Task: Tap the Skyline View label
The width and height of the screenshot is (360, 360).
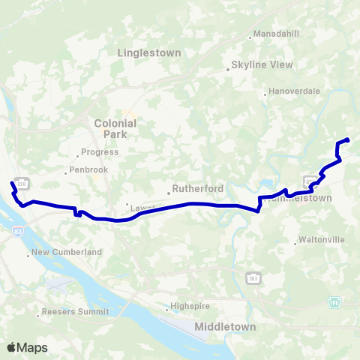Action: point(262,64)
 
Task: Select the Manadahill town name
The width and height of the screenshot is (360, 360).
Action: point(276,34)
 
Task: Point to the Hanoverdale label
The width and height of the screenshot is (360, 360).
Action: point(295,91)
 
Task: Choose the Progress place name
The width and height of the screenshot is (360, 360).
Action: point(100,152)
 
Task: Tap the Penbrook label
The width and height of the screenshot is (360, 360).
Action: point(88,170)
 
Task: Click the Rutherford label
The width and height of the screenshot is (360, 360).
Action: point(194,189)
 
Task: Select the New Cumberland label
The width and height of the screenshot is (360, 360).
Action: point(66,253)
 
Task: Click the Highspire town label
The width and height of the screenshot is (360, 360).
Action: point(187,306)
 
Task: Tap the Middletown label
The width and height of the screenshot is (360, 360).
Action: point(225,327)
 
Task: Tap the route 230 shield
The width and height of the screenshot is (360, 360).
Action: point(22,183)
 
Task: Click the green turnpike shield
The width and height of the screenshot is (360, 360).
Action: point(334,301)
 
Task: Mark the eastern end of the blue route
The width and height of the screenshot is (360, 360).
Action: point(348,139)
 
